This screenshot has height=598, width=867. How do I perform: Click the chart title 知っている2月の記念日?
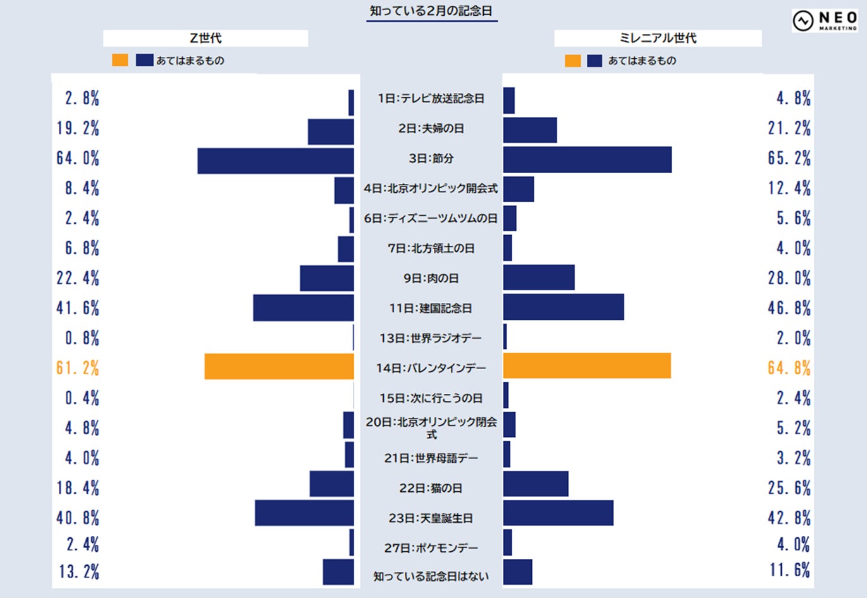point(431,11)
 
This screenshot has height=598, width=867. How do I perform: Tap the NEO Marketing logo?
point(825,20)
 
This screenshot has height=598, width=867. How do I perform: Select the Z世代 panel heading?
point(206,38)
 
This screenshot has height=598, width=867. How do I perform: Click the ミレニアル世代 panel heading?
point(658,38)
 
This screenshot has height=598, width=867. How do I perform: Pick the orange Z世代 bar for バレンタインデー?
point(279,367)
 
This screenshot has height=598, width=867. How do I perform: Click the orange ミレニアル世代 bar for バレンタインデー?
point(587,366)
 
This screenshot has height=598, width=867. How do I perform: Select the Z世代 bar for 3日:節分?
point(276,161)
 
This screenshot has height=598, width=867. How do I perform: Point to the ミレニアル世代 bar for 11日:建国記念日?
point(563,307)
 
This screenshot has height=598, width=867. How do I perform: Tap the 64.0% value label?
point(78,158)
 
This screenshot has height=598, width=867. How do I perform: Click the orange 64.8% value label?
point(789,368)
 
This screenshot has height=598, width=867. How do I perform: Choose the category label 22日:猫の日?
point(431,488)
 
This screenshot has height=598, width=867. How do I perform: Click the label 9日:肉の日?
point(431,278)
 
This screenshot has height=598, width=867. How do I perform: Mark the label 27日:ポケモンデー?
point(431,548)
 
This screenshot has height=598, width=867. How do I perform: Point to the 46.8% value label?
point(789,308)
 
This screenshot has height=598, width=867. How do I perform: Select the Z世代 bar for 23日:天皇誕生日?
point(304,513)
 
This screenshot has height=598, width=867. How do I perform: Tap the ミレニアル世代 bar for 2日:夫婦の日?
point(530,130)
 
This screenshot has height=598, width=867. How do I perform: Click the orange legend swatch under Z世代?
point(120,60)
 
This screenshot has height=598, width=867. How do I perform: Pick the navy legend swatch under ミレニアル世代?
point(594,61)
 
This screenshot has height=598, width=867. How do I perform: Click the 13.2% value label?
point(79,571)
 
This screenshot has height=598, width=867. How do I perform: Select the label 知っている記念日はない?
point(431,577)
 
